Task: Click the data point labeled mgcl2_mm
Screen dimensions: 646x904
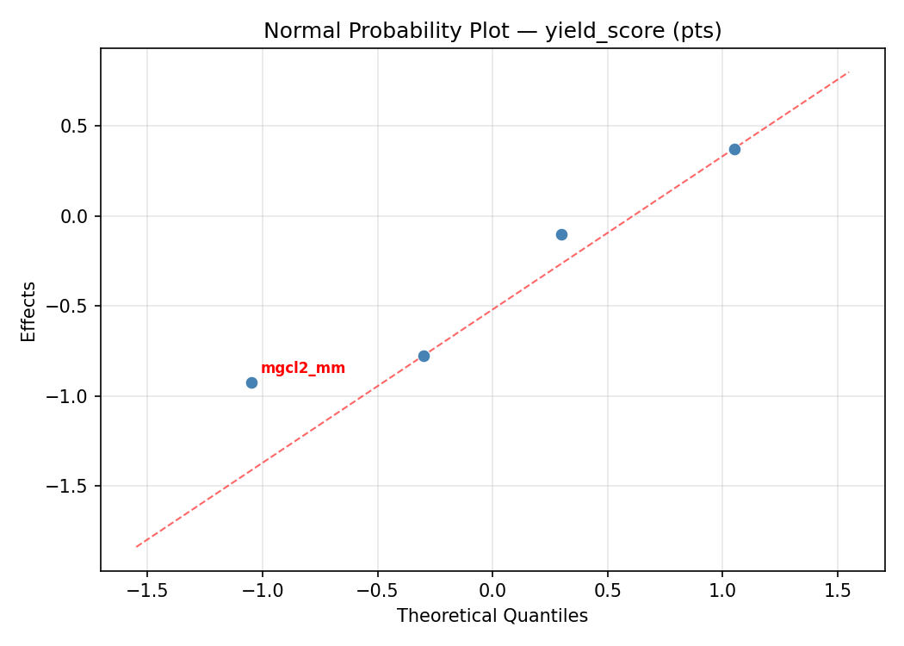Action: [251, 382]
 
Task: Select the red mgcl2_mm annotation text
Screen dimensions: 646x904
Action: [302, 369]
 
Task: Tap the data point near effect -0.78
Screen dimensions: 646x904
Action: [424, 356]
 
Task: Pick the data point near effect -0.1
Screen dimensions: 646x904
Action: [561, 234]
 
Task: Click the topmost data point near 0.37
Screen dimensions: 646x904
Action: [734, 149]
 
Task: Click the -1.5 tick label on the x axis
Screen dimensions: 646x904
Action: [146, 590]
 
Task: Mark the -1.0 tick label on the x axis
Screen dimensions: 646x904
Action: [262, 590]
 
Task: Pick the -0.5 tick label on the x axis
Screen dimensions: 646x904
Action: [377, 590]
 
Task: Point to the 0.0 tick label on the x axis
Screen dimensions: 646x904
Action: [492, 590]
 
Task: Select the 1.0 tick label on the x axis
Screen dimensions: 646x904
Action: [722, 590]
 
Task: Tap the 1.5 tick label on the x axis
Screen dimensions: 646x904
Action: [838, 590]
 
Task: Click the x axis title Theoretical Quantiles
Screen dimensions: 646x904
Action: [492, 616]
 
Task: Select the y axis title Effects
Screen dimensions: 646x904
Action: [29, 311]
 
